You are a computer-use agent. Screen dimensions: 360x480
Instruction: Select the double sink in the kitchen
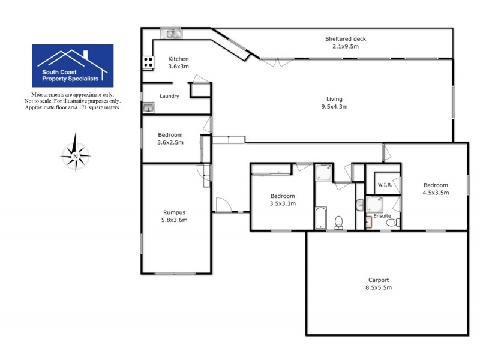pos(175,34)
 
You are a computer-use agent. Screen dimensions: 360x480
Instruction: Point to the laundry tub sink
pos(148,107)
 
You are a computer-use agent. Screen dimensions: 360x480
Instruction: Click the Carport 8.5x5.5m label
pos(379,283)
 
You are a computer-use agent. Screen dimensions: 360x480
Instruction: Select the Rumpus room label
pos(175,215)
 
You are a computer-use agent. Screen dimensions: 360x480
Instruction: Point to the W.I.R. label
pos(385,185)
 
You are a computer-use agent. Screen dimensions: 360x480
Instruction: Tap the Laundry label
pos(169,96)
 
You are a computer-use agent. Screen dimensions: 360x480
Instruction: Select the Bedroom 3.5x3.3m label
pos(282,200)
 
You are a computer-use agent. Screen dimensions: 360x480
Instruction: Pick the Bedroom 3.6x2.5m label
pos(170,139)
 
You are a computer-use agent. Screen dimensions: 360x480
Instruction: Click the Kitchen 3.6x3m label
pos(178,62)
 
